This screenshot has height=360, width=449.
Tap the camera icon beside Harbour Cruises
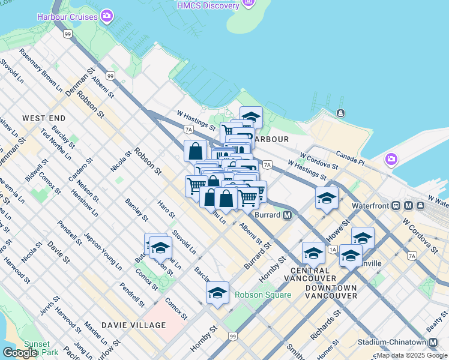[107, 16]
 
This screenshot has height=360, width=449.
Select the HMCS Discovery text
[208, 5]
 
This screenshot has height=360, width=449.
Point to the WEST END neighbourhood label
[44, 119]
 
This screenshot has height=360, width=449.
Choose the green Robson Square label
[262, 295]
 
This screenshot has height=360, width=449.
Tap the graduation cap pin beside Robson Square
[218, 293]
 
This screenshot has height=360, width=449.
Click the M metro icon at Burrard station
[288, 215]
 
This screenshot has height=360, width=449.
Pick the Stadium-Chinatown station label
[394, 342]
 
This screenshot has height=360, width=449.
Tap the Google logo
[20, 353]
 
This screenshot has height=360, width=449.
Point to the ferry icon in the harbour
[340, 113]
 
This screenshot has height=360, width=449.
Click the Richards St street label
[327, 324]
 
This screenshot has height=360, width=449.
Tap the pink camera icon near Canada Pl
[391, 160]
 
